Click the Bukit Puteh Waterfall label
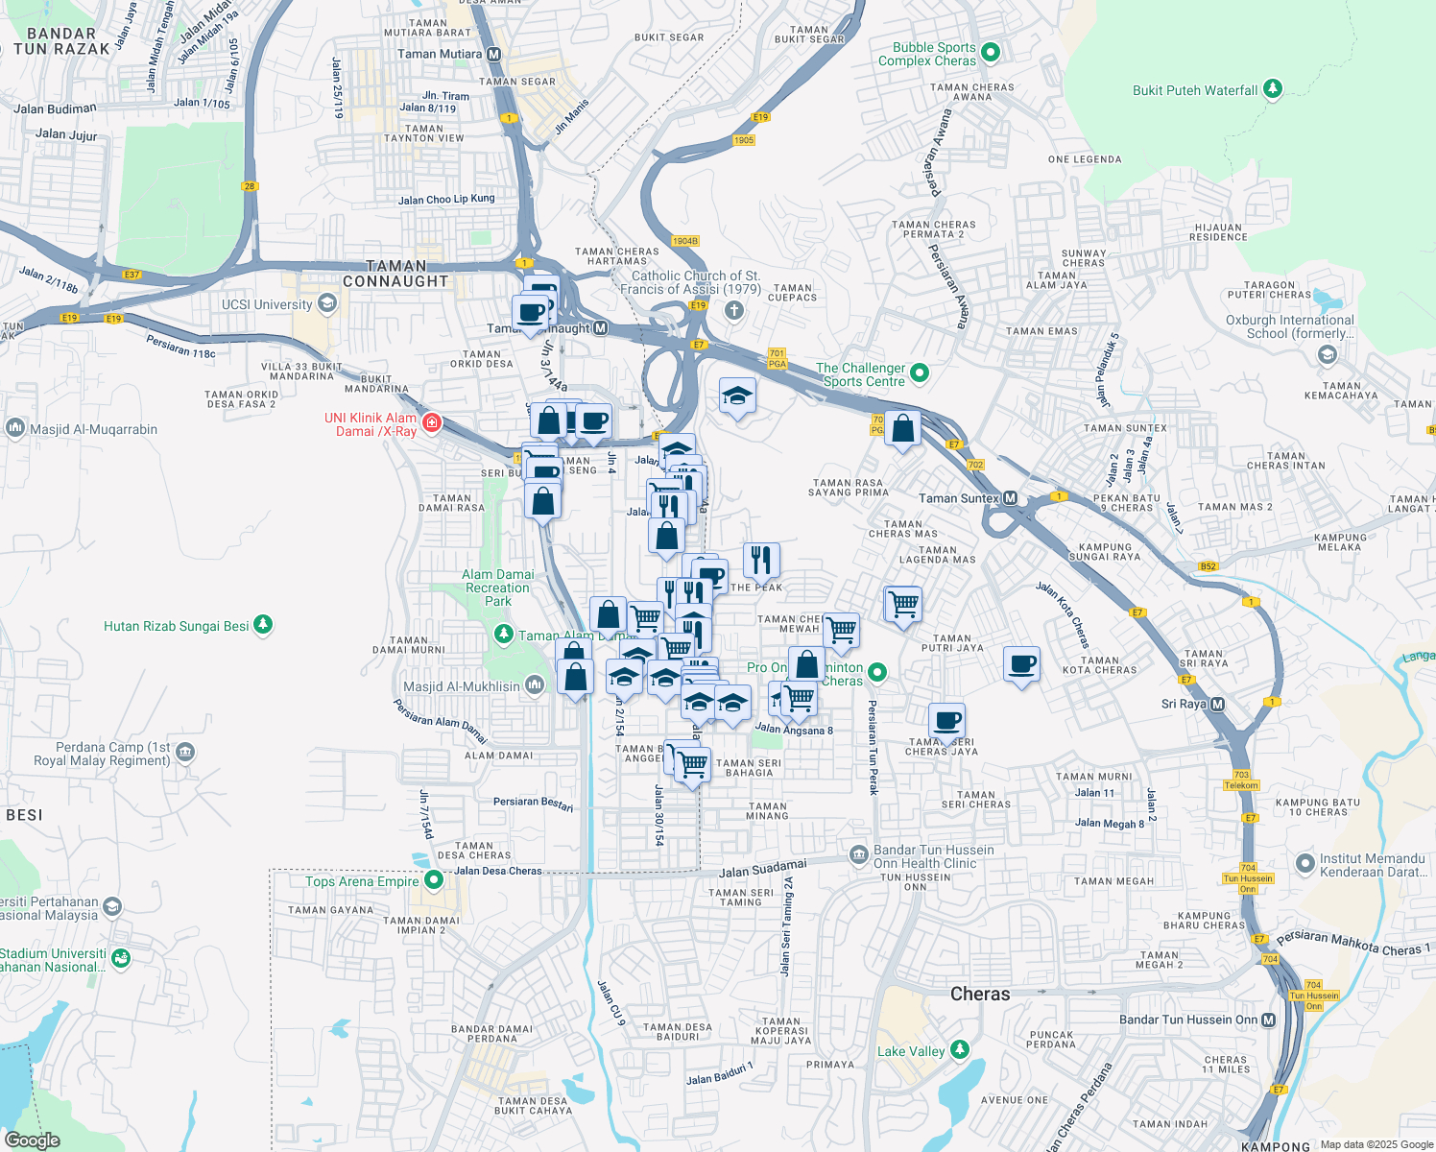(1195, 90)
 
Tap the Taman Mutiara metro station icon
(493, 55)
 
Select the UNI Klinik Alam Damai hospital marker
(431, 423)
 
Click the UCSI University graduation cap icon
(327, 304)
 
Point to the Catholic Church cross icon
(734, 310)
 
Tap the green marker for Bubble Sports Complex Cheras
(992, 53)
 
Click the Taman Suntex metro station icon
(1010, 497)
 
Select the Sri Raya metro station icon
(1217, 705)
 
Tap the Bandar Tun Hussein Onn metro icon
(1269, 1020)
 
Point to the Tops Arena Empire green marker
(434, 878)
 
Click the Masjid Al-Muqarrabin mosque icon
(15, 428)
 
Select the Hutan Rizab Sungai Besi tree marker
(263, 625)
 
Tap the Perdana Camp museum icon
(186, 753)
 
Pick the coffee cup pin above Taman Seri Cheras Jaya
(947, 720)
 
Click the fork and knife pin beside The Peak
(761, 560)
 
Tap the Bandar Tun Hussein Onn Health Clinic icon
(858, 854)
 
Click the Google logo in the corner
(33, 1140)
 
